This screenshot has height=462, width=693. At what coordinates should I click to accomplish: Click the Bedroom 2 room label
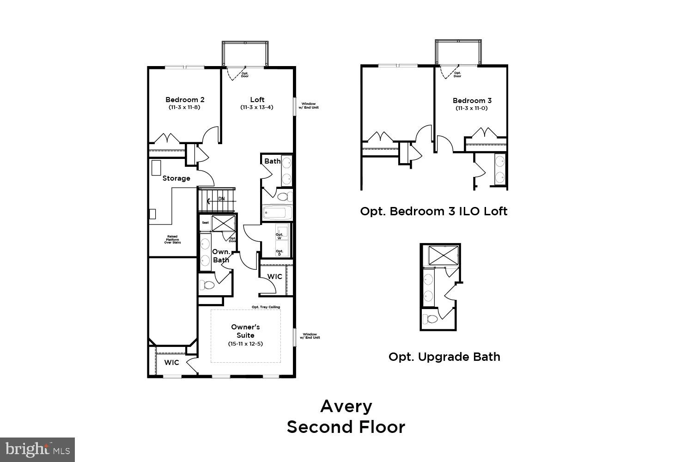[x=185, y=99]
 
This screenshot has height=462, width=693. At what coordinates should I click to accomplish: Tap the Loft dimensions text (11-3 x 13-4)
[x=257, y=108]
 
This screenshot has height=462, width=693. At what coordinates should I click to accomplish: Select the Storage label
[x=176, y=178]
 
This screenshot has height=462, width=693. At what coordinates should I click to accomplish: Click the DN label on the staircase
[x=221, y=199]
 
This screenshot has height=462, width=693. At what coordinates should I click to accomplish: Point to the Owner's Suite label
[x=245, y=331]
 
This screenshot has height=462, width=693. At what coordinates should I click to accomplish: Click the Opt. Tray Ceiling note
[x=266, y=307]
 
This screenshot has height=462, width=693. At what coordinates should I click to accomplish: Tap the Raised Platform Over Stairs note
[x=172, y=239]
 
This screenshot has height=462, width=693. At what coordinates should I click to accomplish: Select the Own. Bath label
[x=221, y=256]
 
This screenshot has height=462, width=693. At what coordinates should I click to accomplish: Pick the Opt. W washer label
[x=279, y=236]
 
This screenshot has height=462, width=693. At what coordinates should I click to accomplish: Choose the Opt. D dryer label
[x=279, y=253]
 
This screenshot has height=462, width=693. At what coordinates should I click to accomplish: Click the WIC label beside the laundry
[x=275, y=277]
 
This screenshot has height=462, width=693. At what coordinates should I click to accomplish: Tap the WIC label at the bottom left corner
[x=171, y=363]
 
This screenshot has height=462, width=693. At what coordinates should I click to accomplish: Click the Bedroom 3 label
[x=472, y=100]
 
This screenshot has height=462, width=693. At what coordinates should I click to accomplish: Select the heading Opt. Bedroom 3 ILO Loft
[x=433, y=212]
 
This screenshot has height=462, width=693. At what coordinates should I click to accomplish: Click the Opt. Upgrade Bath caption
[x=444, y=357]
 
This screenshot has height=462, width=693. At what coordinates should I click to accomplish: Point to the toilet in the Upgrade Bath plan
[x=432, y=319]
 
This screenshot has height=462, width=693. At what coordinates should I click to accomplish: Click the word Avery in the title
[x=346, y=406]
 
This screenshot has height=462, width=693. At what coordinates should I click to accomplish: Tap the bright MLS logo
[x=37, y=450]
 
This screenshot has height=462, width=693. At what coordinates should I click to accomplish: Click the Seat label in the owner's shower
[x=205, y=223]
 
